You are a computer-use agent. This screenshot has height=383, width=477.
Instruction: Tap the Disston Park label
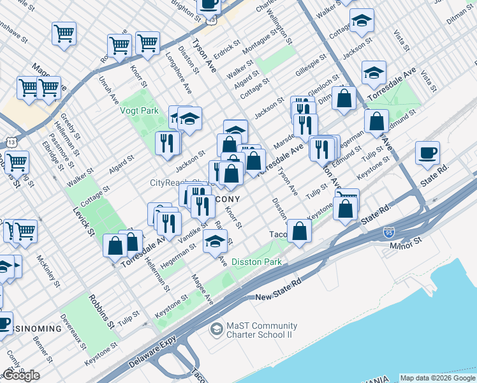[x=256, y=262]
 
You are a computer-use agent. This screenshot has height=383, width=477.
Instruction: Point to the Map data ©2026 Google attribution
[x=437, y=378]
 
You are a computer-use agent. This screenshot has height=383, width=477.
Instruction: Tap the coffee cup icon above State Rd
[x=427, y=153]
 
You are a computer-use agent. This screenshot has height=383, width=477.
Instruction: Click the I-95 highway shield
[x=390, y=233]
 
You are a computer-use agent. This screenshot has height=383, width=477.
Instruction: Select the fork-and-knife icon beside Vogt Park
[x=167, y=142]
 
